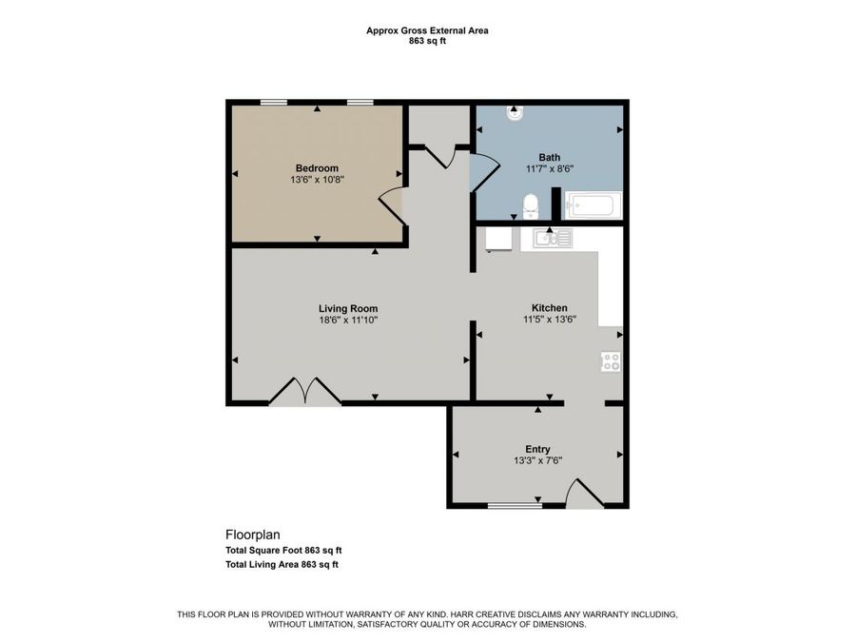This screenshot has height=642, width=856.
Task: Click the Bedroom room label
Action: (x=317, y=168)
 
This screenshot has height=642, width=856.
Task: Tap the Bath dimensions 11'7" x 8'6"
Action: (x=549, y=169)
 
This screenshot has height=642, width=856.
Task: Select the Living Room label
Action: (x=348, y=309)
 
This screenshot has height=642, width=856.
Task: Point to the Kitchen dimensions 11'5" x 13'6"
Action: (x=550, y=320)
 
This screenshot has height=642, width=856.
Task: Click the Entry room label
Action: (x=537, y=449)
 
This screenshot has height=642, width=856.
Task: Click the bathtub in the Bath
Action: (x=593, y=205)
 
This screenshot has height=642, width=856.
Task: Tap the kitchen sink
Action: (x=553, y=238)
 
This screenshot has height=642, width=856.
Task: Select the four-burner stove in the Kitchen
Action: (x=611, y=361)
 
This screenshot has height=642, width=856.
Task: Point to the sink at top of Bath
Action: (x=515, y=112)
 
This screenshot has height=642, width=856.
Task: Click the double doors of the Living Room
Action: (x=305, y=390)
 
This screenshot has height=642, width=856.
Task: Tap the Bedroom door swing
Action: (x=392, y=205)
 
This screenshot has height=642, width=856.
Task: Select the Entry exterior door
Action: (x=584, y=494)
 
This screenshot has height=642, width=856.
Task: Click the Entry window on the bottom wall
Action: (x=515, y=506)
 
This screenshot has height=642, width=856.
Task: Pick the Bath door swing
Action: (x=485, y=172)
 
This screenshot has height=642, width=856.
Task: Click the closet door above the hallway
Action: (x=440, y=157)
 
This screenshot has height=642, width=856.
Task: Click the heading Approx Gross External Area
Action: (x=427, y=30)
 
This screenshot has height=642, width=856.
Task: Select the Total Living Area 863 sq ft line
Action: (x=282, y=564)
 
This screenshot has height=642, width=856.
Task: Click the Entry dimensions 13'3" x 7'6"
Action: (x=537, y=460)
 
